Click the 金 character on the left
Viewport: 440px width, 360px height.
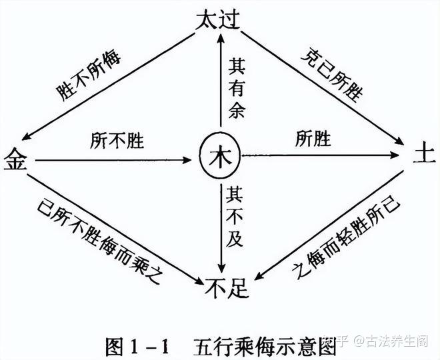[x=15, y=160]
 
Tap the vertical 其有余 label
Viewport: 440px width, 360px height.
[x=237, y=87]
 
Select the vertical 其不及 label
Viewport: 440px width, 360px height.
[x=237, y=220]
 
